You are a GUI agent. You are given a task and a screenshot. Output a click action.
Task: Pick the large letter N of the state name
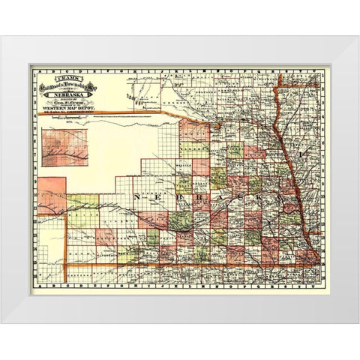pyautogui.click(x=137, y=196)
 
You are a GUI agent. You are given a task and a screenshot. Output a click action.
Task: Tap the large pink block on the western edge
pyautogui.click(x=52, y=195)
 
